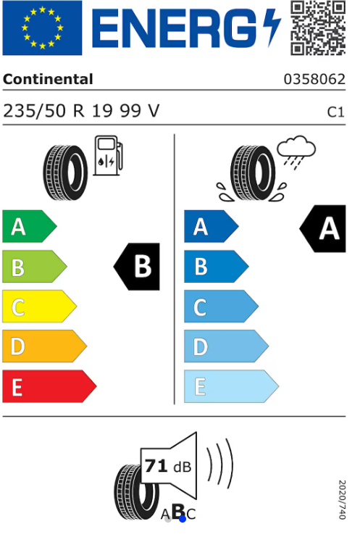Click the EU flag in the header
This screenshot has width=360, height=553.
tap(42, 28)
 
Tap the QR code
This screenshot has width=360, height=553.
tap(318, 28)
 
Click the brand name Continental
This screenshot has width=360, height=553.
tap(48, 79)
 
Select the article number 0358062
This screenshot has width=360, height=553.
tap(314, 79)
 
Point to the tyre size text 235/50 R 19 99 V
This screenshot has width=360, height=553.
tap(81, 111)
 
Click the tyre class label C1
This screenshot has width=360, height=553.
tap(335, 112)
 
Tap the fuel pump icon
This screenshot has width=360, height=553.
tap(108, 156)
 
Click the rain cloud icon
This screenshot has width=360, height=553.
tap(296, 152)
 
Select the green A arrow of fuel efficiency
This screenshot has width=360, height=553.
tap(30, 226)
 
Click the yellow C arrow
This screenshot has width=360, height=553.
tap(40, 306)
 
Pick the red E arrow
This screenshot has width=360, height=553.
tap(49, 386)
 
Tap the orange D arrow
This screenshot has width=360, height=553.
tap(44, 346)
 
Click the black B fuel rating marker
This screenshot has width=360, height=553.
tap(137, 267)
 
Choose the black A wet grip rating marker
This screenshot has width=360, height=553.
tap(322, 228)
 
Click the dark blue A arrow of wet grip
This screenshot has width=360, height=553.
tap(212, 226)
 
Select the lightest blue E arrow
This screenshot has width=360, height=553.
tap(231, 386)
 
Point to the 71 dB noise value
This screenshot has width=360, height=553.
tap(168, 466)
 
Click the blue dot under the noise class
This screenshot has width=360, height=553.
tap(183, 519)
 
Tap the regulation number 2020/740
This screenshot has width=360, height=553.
tap(342, 499)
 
